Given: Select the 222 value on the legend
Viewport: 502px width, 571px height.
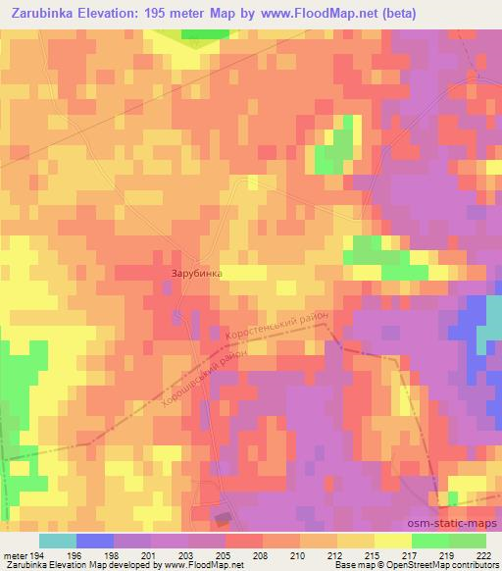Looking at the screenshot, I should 485,554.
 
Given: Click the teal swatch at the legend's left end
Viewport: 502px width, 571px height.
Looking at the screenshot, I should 58,541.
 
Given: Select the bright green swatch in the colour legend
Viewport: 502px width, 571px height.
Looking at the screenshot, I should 429,541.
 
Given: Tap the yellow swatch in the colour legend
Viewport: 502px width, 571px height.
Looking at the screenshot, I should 392,541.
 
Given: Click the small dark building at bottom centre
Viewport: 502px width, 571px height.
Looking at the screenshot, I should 225,517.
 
